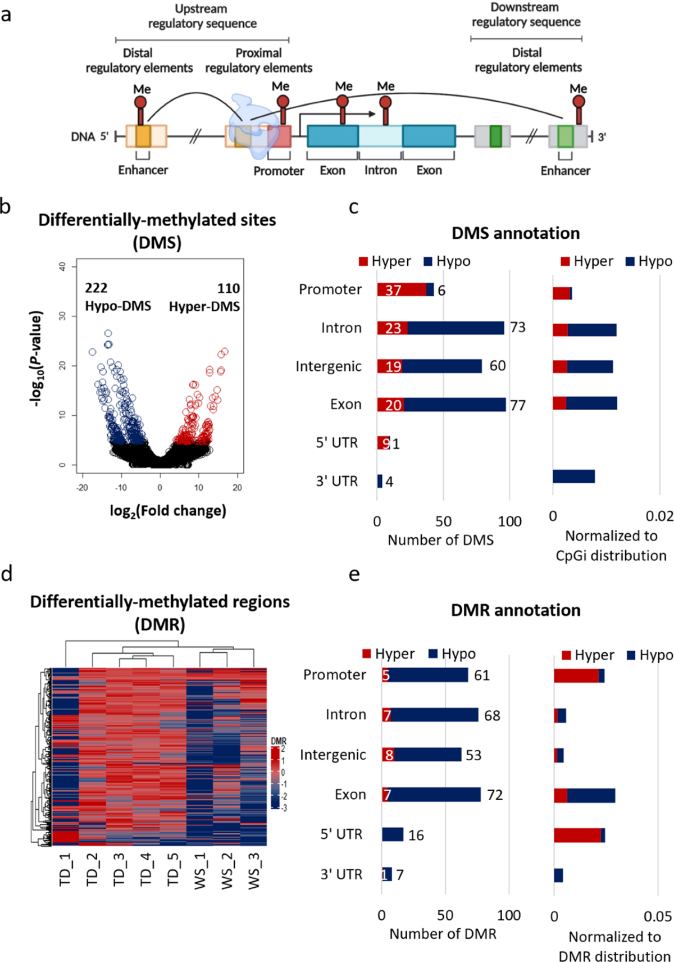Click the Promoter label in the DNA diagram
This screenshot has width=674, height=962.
279,171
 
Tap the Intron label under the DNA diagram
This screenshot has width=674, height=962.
381,170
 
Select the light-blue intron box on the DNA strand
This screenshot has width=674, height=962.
380,136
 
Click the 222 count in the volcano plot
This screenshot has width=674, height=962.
96,288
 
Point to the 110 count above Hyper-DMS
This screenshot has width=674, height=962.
229,288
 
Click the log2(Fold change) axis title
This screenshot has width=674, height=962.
168,511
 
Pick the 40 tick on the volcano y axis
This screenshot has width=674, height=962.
63,267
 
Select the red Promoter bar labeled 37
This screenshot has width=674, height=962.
402,289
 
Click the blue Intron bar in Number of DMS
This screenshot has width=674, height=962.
456,328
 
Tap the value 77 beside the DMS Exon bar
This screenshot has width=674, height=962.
518,405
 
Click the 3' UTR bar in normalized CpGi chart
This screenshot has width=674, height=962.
573,477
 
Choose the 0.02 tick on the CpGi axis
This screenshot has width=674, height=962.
659,516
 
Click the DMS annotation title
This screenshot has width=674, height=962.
516,233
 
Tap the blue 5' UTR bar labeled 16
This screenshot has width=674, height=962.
393,834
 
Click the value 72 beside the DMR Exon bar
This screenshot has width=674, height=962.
495,795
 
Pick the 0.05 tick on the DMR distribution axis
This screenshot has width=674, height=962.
658,916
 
